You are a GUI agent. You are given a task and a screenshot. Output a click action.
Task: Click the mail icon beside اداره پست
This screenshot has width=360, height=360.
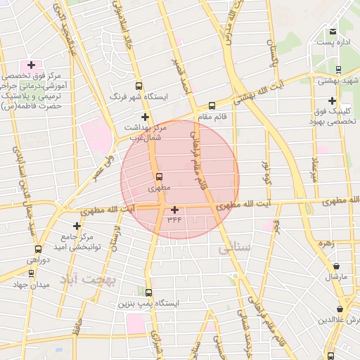pos(332,31)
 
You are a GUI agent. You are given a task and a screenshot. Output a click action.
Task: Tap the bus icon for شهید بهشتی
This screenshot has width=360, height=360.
pos(339,70)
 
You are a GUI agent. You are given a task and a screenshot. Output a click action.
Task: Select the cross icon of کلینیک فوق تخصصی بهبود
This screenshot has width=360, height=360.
pos(332,101)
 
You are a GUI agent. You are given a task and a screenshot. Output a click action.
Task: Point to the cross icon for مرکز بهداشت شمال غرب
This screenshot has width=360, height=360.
pos(145,117)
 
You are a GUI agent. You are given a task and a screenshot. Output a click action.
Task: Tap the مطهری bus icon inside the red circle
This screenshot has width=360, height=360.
pos(158,176)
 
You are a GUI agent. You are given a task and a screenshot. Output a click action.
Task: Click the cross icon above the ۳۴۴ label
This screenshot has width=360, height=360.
pos(174,209)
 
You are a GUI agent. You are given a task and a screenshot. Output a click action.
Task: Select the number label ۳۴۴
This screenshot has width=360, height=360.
pos(174,219)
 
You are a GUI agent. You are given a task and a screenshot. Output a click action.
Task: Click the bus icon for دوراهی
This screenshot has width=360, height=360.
pos(38,249)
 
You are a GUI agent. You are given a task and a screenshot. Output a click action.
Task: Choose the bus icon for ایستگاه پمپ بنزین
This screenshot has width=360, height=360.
pos(148,292)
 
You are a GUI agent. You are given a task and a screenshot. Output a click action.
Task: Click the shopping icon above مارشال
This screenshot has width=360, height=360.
pos(336,266)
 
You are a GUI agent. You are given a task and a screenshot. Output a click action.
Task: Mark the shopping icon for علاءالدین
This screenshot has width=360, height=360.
pos(340,309)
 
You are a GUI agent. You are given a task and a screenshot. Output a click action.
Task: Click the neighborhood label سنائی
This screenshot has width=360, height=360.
pos(234,248)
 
